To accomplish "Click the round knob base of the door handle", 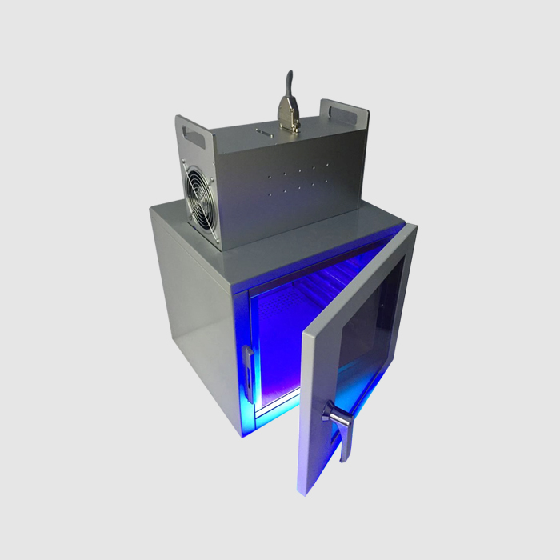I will [x=328, y=413].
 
